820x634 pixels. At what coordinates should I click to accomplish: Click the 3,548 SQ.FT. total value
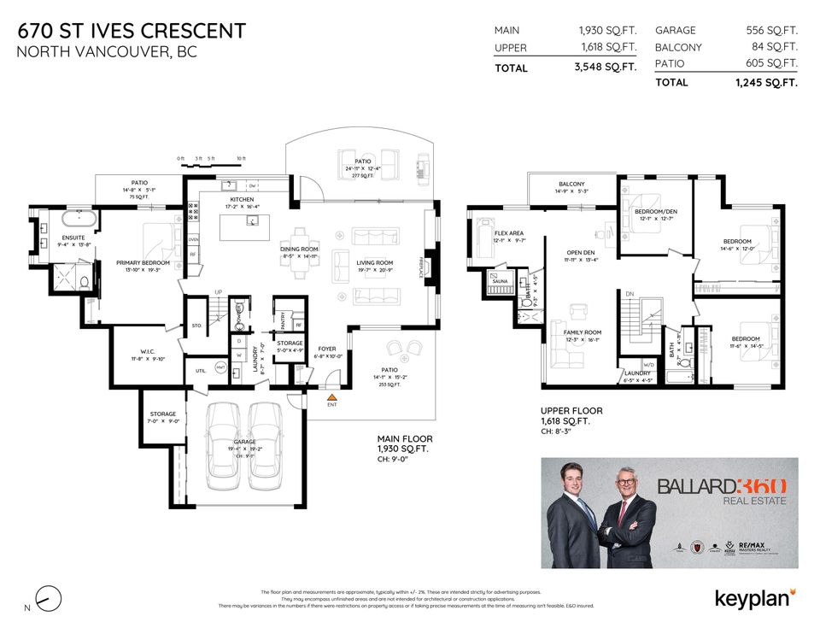(606, 68)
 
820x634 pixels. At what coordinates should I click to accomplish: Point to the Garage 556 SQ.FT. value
(771, 30)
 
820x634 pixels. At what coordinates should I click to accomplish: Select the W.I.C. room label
(141, 351)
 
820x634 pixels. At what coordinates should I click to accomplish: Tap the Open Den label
(580, 253)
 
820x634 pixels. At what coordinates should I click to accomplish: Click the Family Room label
(582, 332)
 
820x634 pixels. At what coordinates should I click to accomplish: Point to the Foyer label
(328, 349)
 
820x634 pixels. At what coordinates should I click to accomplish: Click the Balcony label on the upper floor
(571, 185)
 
